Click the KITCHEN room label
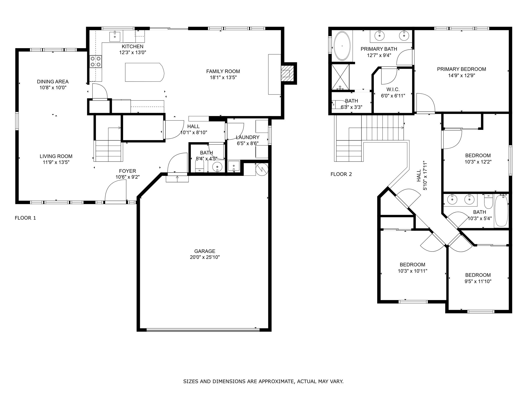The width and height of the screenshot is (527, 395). [x=133, y=47]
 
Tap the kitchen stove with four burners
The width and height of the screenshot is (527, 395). [x=95, y=61]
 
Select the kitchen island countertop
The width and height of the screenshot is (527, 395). [x=144, y=72]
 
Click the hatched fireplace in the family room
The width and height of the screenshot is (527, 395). [x=286, y=73]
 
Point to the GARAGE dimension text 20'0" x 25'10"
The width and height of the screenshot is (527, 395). [x=205, y=257]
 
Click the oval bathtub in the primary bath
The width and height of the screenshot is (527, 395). [x=342, y=46]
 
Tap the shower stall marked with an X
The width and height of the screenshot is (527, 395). [x=340, y=77]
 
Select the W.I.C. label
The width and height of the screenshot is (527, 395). [x=393, y=89]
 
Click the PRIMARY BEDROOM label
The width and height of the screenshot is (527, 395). [x=461, y=69]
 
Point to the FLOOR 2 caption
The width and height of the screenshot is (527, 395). [x=341, y=174]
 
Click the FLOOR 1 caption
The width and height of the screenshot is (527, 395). [x=25, y=218]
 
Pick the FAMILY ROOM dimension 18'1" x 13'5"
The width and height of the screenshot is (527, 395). [x=223, y=77]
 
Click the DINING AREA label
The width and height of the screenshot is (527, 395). [x=53, y=82]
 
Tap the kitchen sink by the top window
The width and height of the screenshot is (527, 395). [x=115, y=36]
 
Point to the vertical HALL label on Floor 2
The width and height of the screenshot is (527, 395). [x=419, y=175]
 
